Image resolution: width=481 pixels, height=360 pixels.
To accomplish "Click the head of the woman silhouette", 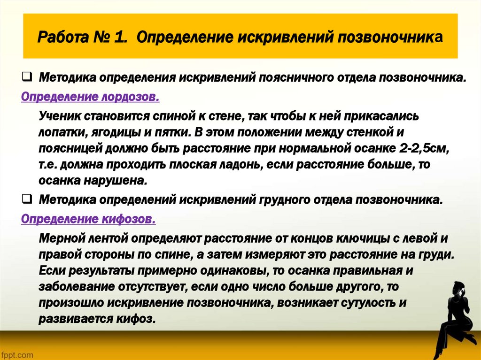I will pos(455,288).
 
